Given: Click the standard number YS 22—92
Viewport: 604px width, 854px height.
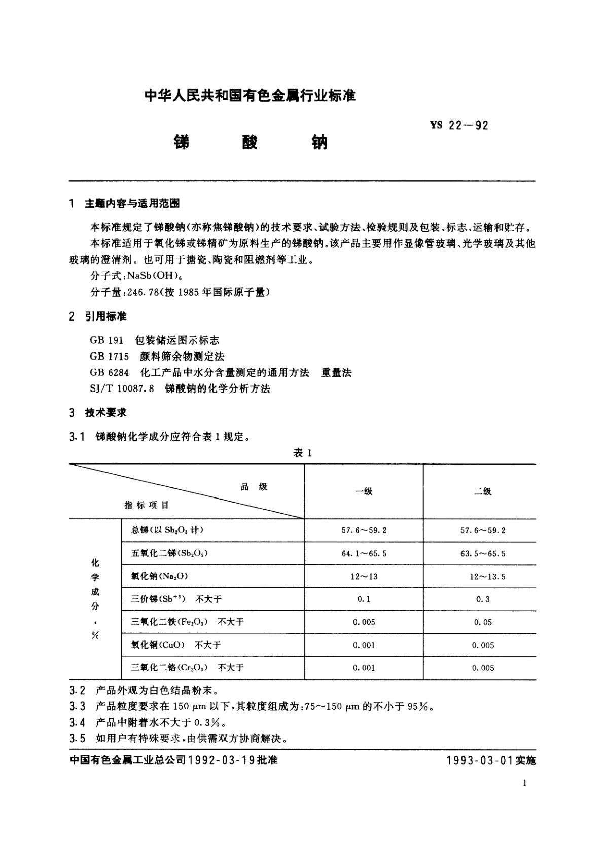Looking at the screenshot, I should [x=459, y=125].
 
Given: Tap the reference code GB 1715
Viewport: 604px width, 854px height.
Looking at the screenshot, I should [x=109, y=357].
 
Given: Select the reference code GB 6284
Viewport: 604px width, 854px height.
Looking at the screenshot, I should [x=109, y=373].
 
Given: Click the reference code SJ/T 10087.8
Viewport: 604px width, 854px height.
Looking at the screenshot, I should [x=122, y=389].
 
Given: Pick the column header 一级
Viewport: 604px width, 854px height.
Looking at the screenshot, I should [x=364, y=491].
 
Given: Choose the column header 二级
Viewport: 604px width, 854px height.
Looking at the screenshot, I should [x=482, y=491].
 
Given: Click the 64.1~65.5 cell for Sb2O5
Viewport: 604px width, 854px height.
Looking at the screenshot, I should [x=364, y=553].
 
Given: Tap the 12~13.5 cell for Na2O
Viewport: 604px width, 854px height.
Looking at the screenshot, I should [x=487, y=577].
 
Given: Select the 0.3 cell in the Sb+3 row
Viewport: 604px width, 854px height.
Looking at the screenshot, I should [x=483, y=599].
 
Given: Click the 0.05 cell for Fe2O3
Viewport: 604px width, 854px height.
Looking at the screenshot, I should [x=483, y=622].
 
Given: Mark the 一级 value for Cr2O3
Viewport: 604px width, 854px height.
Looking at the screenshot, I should [x=364, y=668].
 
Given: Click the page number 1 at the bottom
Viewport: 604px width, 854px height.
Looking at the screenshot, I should [x=524, y=783].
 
